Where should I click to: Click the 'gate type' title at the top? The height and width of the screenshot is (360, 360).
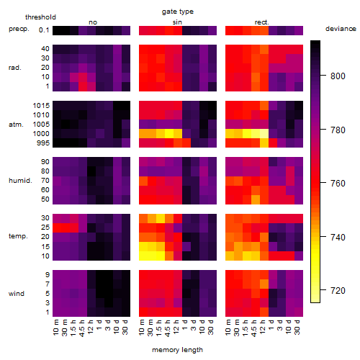178,12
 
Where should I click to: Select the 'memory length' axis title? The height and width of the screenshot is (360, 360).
177,350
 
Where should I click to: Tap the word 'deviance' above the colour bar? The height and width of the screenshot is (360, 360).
341,29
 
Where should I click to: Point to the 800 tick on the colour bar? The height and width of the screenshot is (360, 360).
323,76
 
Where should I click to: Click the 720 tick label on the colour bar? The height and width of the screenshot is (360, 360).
338,291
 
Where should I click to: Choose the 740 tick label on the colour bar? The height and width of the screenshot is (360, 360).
338,238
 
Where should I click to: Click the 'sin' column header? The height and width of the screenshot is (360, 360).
177,22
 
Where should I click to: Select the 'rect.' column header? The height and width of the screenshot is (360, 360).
262,22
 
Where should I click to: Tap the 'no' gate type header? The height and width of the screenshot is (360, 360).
93,22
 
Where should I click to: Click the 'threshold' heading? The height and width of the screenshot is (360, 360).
40,17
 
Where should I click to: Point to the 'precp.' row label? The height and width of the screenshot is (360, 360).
19,29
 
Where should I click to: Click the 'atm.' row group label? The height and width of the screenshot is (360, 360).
16,125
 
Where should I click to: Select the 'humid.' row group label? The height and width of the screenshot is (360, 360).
20,181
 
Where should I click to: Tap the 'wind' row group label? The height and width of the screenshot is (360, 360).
17,294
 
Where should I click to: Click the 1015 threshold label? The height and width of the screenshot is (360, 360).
41,106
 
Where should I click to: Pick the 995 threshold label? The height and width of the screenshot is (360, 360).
43,143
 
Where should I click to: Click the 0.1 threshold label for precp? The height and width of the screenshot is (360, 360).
44,30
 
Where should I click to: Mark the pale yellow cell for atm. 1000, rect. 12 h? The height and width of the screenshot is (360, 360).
264,134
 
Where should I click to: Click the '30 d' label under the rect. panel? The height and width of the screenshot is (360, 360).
297,327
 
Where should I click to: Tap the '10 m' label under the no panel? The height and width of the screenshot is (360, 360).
55,328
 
